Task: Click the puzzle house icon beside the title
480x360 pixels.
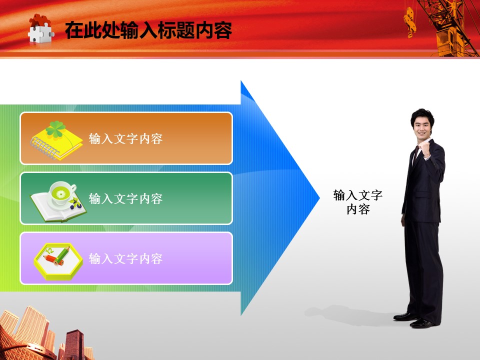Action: [x=40, y=29]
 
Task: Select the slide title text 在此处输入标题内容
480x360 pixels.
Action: [x=148, y=30]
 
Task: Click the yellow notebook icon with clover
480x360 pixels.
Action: [x=56, y=141]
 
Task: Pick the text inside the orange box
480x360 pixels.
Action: [x=125, y=138]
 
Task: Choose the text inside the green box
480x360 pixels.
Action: [x=125, y=198]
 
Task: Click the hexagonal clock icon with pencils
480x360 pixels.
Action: [x=58, y=261]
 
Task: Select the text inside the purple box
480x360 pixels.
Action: [x=125, y=258]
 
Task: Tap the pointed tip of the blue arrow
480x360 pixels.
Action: [x=319, y=198]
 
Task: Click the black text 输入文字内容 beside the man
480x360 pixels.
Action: [x=358, y=202]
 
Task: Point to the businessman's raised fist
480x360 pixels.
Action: [x=424, y=150]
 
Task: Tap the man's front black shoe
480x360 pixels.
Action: [x=422, y=323]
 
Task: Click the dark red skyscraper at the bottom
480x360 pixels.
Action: [x=74, y=344]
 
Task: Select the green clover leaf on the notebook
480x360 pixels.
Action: [x=55, y=129]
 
